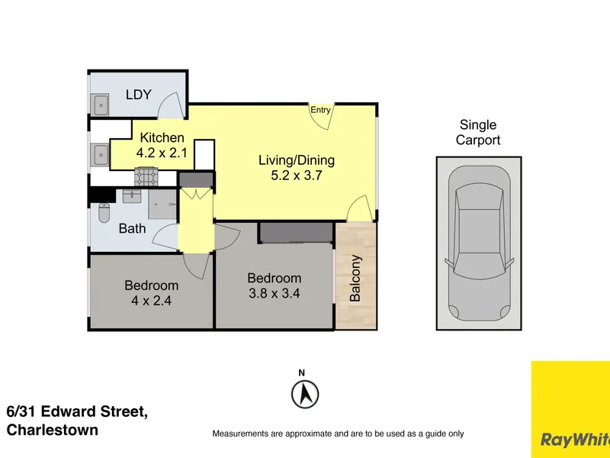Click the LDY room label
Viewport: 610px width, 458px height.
point(139,95)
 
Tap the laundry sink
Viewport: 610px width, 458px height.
point(101,105)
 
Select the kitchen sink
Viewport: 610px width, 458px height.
point(101,155)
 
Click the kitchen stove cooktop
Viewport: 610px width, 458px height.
point(146,177)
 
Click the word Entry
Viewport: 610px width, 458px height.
point(320,110)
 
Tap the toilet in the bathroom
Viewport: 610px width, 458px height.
point(104,213)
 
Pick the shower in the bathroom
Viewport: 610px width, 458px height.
point(162,205)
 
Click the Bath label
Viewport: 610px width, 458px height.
point(132,228)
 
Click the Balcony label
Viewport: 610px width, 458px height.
point(355,278)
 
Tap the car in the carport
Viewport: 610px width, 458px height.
point(479,244)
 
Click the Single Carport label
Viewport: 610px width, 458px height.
point(478,132)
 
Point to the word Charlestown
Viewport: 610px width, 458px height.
point(53,430)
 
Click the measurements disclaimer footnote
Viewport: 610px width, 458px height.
point(338,434)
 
